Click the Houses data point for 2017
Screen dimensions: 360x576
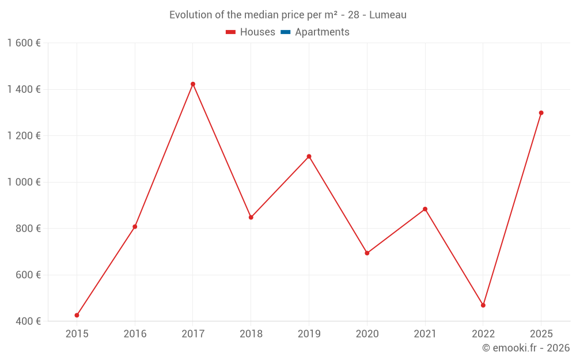193,84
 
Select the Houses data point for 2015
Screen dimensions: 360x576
77,315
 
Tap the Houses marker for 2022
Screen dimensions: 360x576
483,305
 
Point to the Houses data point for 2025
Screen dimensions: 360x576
541,113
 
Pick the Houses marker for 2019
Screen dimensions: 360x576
309,157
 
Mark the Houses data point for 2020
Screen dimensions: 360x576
367,253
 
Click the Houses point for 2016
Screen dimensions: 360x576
135,227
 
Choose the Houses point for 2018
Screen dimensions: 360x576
251,217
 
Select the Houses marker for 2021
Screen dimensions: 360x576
425,209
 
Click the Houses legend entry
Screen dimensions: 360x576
251,32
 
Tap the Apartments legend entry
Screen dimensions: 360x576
315,32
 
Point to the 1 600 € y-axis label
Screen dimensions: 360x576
24,43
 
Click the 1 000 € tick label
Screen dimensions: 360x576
24,182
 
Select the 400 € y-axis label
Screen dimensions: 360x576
27,321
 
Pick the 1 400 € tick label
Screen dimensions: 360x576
24,89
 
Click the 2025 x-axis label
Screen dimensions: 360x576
541,334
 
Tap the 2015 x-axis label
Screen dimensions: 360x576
77,334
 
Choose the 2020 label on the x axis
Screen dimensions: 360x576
367,334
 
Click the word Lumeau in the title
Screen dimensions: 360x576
388,15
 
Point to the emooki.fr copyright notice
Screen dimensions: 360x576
525,348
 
